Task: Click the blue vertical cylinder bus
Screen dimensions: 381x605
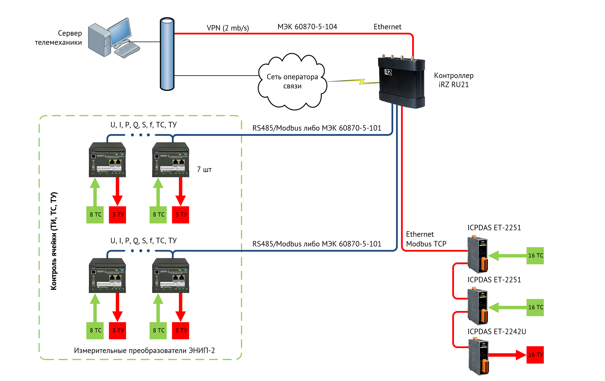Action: pos(167,54)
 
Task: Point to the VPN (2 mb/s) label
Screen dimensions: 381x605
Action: pos(228,28)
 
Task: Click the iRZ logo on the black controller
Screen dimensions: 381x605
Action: pos(388,72)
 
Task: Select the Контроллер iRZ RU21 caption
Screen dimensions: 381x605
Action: pos(454,80)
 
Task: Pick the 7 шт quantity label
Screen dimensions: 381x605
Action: pos(204,170)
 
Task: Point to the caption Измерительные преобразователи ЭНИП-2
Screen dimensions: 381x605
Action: pos(144,350)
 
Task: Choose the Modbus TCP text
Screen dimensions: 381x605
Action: pos(426,244)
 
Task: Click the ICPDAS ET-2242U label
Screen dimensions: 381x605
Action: pos(497,331)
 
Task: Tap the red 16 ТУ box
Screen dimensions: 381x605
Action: pos(535,355)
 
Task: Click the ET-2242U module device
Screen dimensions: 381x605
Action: pos(478,357)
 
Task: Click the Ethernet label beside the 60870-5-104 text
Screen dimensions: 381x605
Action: pos(387,27)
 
